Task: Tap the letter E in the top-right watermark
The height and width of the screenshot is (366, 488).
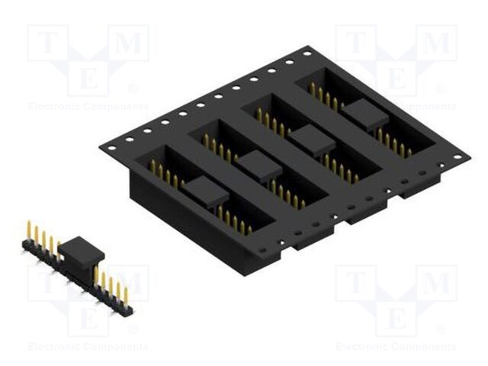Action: (x=396, y=78)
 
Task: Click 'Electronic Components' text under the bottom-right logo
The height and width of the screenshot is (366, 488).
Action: (x=396, y=347)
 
